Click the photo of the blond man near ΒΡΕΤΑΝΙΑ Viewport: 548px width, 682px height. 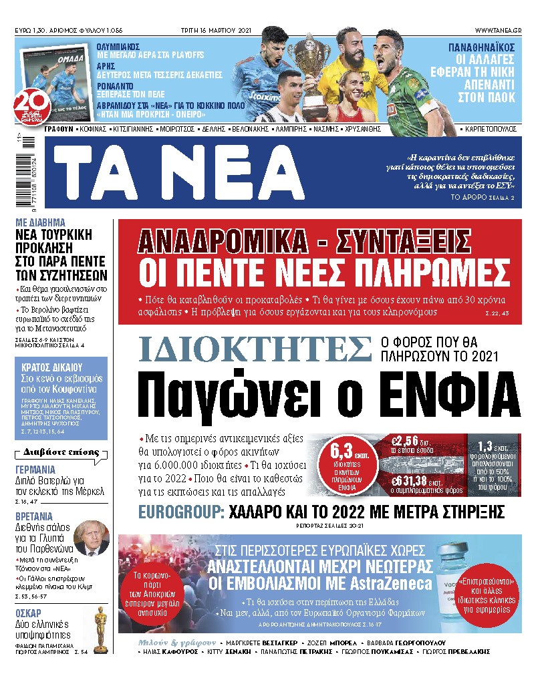click(91, 538)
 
